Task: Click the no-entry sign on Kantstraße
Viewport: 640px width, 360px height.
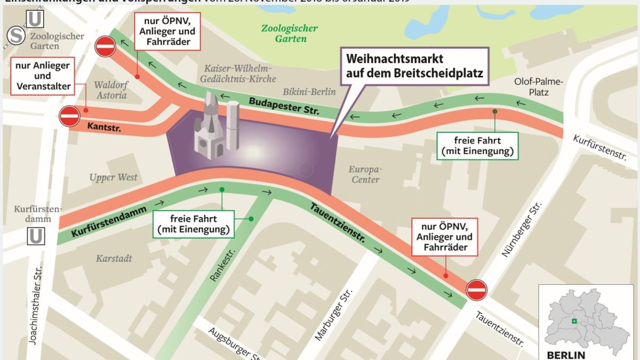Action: pyautogui.click(x=69, y=116)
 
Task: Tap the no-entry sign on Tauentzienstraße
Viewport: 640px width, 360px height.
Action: pyautogui.click(x=476, y=290)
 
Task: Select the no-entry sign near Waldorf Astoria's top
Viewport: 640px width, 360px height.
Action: pyautogui.click(x=105, y=46)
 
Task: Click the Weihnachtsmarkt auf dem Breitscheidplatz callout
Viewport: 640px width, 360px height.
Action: pyautogui.click(x=414, y=66)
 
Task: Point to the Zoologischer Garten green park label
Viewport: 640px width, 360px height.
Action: pyautogui.click(x=290, y=33)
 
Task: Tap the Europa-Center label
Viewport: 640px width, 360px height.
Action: pyautogui.click(x=365, y=174)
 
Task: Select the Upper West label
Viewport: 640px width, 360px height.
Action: pyautogui.click(x=113, y=177)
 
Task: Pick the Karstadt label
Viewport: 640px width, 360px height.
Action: pyautogui.click(x=114, y=259)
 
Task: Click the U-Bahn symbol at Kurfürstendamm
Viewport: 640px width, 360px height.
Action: pyautogui.click(x=36, y=236)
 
